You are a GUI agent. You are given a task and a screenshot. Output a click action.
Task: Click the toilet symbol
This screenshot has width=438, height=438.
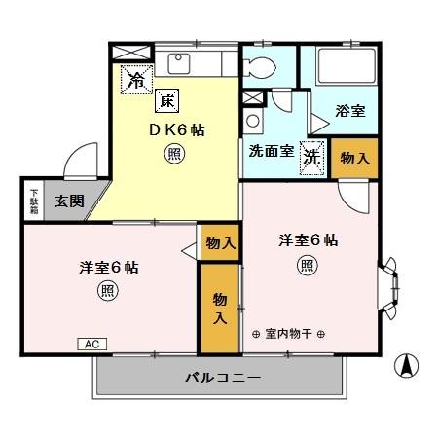(x=262, y=67)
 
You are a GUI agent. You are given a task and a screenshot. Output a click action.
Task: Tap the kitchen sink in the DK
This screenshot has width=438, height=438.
(x=181, y=63)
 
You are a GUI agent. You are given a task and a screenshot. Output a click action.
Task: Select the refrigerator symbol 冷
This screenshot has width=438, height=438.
(x=135, y=81)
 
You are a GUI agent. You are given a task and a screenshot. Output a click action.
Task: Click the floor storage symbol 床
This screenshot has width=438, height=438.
(x=166, y=100)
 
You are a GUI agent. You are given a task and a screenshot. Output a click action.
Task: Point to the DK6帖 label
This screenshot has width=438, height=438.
(x=175, y=129)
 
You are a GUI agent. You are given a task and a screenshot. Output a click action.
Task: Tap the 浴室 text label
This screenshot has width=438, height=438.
(x=350, y=111)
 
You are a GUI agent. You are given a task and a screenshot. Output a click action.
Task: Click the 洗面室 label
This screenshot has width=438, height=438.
(x=267, y=152)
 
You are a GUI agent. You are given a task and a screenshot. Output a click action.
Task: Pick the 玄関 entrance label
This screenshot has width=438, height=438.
(x=68, y=202)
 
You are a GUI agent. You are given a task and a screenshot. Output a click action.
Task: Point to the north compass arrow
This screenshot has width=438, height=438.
(x=406, y=368)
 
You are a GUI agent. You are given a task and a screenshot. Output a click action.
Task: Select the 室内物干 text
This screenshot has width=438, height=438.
(x=288, y=334)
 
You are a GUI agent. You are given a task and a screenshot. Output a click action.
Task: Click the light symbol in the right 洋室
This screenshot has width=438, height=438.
(x=307, y=264)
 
